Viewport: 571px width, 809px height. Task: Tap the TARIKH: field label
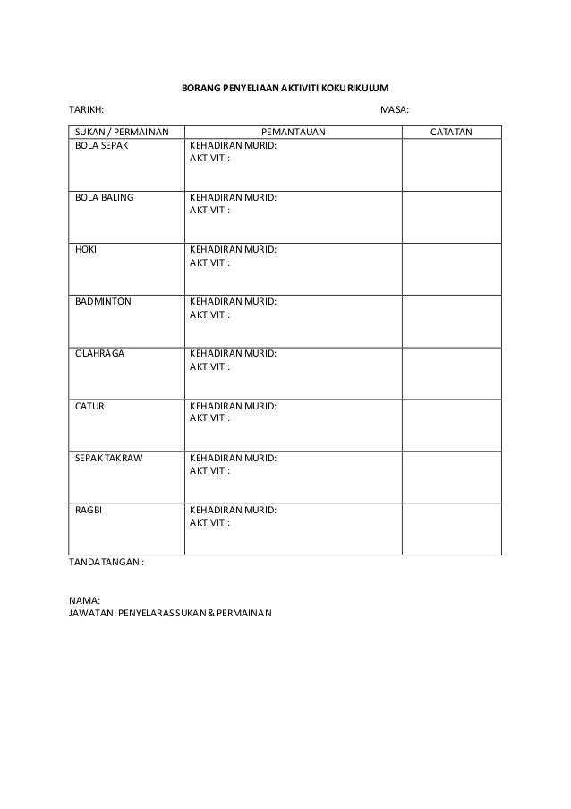click(86, 110)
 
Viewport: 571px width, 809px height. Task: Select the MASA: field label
click(395, 110)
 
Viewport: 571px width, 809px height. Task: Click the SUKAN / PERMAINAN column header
click(115, 133)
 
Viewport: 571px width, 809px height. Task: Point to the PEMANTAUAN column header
click(293, 133)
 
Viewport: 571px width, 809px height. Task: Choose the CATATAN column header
click(452, 133)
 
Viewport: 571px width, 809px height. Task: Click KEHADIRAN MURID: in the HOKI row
click(233, 249)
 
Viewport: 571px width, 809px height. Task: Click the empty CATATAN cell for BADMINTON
click(451, 321)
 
